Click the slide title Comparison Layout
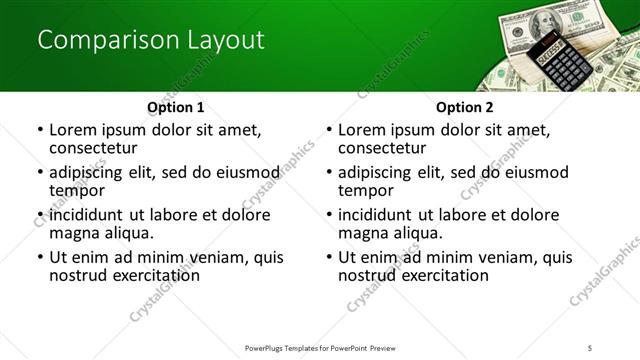151,40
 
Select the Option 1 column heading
175,107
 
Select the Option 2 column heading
465,107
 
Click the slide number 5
590,347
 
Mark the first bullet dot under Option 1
40,130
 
